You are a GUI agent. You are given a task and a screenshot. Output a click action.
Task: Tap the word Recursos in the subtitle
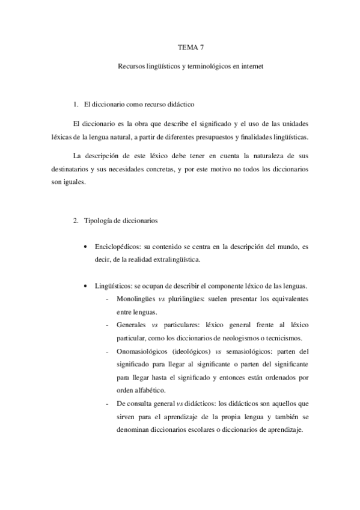[132, 67]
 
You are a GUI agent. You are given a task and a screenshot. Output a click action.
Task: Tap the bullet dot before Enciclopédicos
[88, 247]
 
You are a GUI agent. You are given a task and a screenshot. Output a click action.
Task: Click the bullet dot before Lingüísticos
[88, 286]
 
